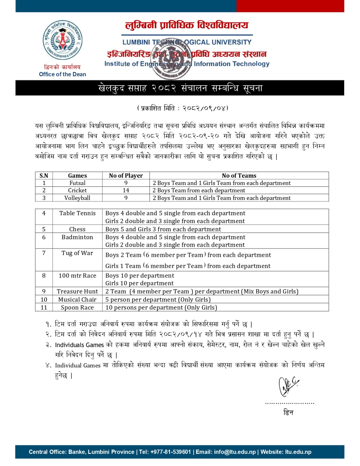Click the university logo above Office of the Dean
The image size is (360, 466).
[x=62, y=40]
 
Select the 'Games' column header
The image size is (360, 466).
[x=77, y=176]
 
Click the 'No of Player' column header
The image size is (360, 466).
[x=126, y=176]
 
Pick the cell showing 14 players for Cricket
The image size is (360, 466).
[x=126, y=190]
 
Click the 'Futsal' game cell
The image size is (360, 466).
[x=77, y=183]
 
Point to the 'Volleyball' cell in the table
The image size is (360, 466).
[x=77, y=198]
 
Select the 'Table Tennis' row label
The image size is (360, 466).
[x=77, y=213]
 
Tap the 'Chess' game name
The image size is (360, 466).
[x=77, y=229]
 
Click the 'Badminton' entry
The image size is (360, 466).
[x=77, y=237]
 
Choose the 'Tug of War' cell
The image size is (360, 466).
[x=77, y=253]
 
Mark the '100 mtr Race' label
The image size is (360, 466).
[x=77, y=276]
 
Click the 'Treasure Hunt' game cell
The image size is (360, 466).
[x=77, y=292]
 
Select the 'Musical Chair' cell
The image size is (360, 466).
[x=77, y=300]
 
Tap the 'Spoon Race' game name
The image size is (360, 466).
[x=77, y=308]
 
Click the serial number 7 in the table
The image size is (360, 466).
[x=44, y=253]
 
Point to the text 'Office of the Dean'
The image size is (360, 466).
[x=63, y=74]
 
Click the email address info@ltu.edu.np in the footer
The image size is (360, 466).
[x=235, y=452]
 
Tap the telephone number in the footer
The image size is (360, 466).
[x=171, y=452]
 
